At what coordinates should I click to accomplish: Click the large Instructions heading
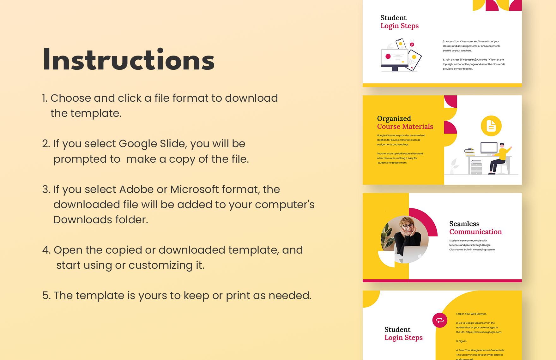129,60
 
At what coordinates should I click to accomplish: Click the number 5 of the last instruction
45,296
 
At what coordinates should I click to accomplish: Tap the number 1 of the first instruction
44,98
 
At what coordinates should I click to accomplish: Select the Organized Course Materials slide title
405,123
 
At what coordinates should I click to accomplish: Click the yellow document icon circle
491,126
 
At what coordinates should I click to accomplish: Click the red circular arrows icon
440,321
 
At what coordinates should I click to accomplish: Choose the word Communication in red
475,232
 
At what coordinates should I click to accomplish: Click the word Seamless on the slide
464,224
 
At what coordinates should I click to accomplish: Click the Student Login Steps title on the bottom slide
403,333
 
